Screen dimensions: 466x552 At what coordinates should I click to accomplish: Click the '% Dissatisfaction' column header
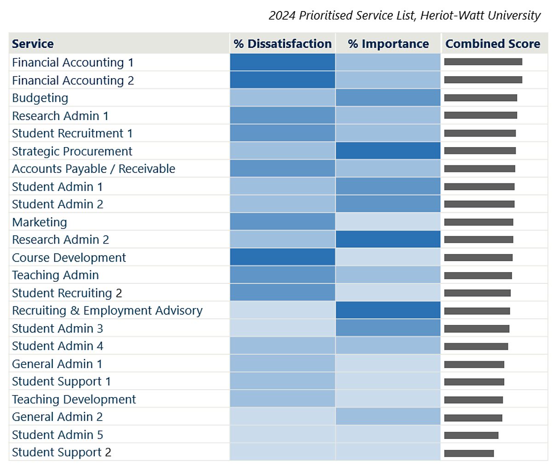tap(282, 44)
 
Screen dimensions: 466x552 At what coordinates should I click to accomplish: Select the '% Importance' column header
tap(388, 44)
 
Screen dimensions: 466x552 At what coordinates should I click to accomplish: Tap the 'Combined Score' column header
tap(493, 44)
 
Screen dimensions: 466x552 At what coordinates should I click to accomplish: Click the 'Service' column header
tap(33, 44)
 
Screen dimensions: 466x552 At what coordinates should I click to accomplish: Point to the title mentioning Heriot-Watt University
tap(404, 15)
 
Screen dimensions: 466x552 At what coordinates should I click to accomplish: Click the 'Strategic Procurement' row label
tap(72, 151)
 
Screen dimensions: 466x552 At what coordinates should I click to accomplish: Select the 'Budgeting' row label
tap(40, 98)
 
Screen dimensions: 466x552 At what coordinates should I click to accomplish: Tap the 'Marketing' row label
tap(40, 222)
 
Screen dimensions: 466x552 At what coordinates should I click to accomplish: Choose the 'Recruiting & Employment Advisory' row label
tap(107, 311)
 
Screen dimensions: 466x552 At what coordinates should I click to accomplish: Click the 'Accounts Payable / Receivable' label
tap(93, 169)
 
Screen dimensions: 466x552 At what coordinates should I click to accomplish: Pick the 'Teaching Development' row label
tap(74, 399)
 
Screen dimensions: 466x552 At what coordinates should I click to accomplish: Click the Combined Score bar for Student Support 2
tap(469, 453)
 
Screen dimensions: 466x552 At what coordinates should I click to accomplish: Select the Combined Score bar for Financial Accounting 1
tap(483, 62)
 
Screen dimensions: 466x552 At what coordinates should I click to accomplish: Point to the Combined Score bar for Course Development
tap(478, 257)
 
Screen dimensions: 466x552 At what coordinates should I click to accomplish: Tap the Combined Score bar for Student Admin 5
tap(471, 435)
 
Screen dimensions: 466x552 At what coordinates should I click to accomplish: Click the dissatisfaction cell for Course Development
tap(282, 257)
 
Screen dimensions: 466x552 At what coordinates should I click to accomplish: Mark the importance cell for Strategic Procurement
tap(388, 151)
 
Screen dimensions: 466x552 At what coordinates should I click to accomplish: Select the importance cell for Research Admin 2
tap(388, 239)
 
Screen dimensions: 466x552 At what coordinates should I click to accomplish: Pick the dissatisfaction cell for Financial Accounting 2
tap(282, 80)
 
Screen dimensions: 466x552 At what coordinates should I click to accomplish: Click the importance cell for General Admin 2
tap(388, 417)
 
